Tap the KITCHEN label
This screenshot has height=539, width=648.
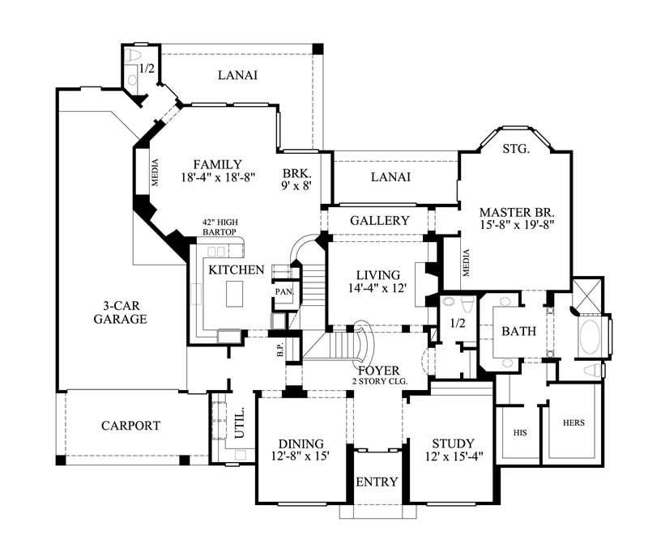(x=237, y=269)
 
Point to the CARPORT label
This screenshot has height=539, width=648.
(x=130, y=425)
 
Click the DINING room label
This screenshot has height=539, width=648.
(x=301, y=444)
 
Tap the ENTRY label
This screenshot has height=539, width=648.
(x=377, y=482)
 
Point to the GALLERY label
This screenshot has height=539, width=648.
(x=379, y=220)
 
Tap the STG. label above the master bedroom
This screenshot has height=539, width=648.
(x=515, y=148)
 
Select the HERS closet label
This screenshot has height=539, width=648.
(x=574, y=422)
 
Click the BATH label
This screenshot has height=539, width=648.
(x=516, y=332)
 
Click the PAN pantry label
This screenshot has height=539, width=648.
(x=283, y=291)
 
